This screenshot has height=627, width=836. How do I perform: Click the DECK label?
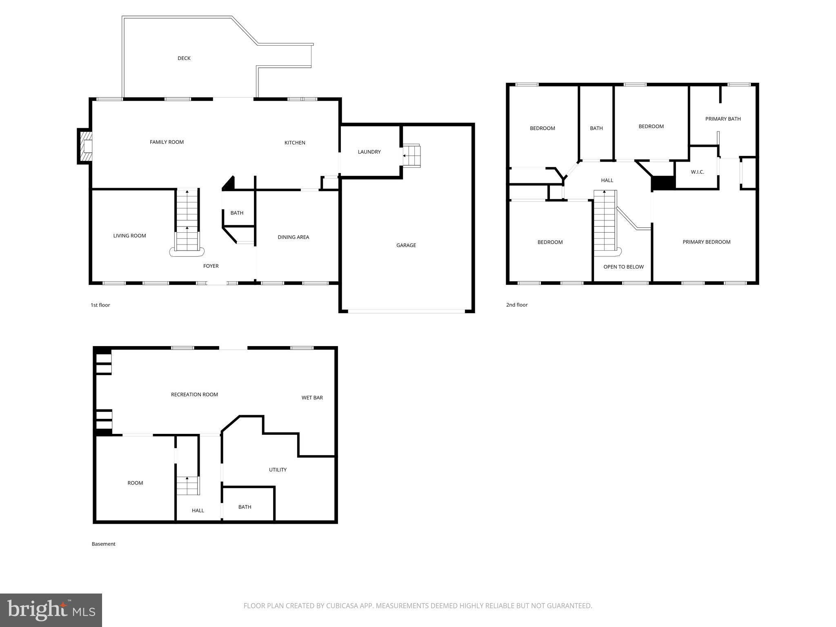pyautogui.click(x=184, y=58)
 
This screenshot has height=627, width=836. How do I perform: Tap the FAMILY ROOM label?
pyautogui.click(x=167, y=142)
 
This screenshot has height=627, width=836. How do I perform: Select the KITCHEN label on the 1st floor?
pyautogui.click(x=295, y=142)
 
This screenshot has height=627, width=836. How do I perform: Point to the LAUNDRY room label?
pyautogui.click(x=369, y=152)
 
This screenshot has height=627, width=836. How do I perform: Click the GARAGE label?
pyautogui.click(x=406, y=245)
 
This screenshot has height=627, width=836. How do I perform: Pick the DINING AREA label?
pyautogui.click(x=293, y=237)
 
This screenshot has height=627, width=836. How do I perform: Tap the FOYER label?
pyautogui.click(x=211, y=266)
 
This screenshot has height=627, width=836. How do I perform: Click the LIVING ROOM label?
pyautogui.click(x=129, y=236)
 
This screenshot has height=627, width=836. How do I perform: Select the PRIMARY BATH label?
pyautogui.click(x=723, y=119)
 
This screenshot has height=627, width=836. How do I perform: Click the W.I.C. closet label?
pyautogui.click(x=697, y=172)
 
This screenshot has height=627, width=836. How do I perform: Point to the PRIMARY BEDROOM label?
pyautogui.click(x=707, y=242)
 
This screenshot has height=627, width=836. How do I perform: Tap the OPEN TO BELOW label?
pyautogui.click(x=623, y=267)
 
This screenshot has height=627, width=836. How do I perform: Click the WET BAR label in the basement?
pyautogui.click(x=312, y=398)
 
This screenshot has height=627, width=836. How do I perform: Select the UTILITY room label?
pyautogui.click(x=278, y=470)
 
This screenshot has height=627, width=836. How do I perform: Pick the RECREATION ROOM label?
pyautogui.click(x=194, y=394)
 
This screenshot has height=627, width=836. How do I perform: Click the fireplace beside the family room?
pyautogui.click(x=85, y=146)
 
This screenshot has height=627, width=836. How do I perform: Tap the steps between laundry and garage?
pyautogui.click(x=411, y=156)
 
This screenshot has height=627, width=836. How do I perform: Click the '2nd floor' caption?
pyautogui.click(x=517, y=305)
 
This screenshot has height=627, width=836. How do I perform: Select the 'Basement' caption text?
pyautogui.click(x=103, y=544)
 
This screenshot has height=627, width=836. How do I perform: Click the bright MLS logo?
pyautogui.click(x=51, y=610)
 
